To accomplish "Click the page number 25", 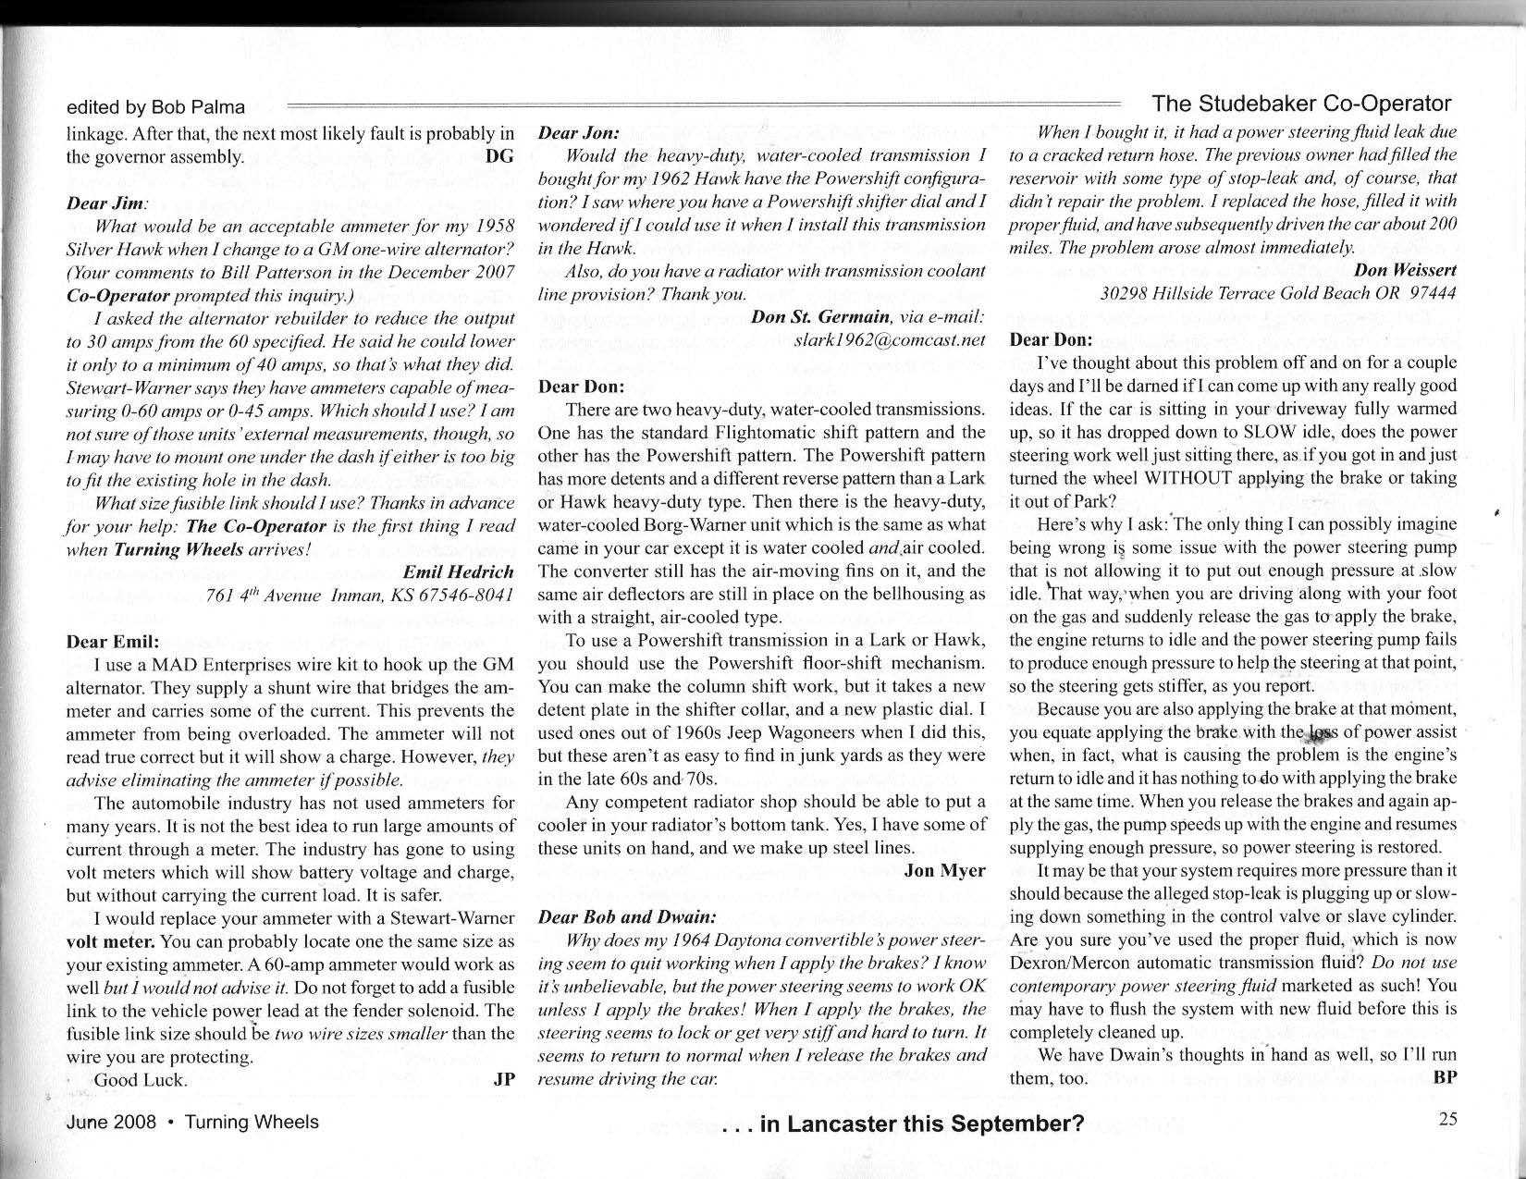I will [1447, 1119].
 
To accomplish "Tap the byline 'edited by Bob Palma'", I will [155, 107].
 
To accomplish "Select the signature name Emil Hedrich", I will [458, 572].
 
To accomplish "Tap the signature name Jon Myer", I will [944, 870].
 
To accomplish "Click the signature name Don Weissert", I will [1405, 270].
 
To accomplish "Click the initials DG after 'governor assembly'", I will [498, 156].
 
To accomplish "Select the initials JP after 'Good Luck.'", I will [504, 1079].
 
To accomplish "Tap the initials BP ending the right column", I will [1444, 1077].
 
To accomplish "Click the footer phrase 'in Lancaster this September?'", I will [921, 1124].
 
